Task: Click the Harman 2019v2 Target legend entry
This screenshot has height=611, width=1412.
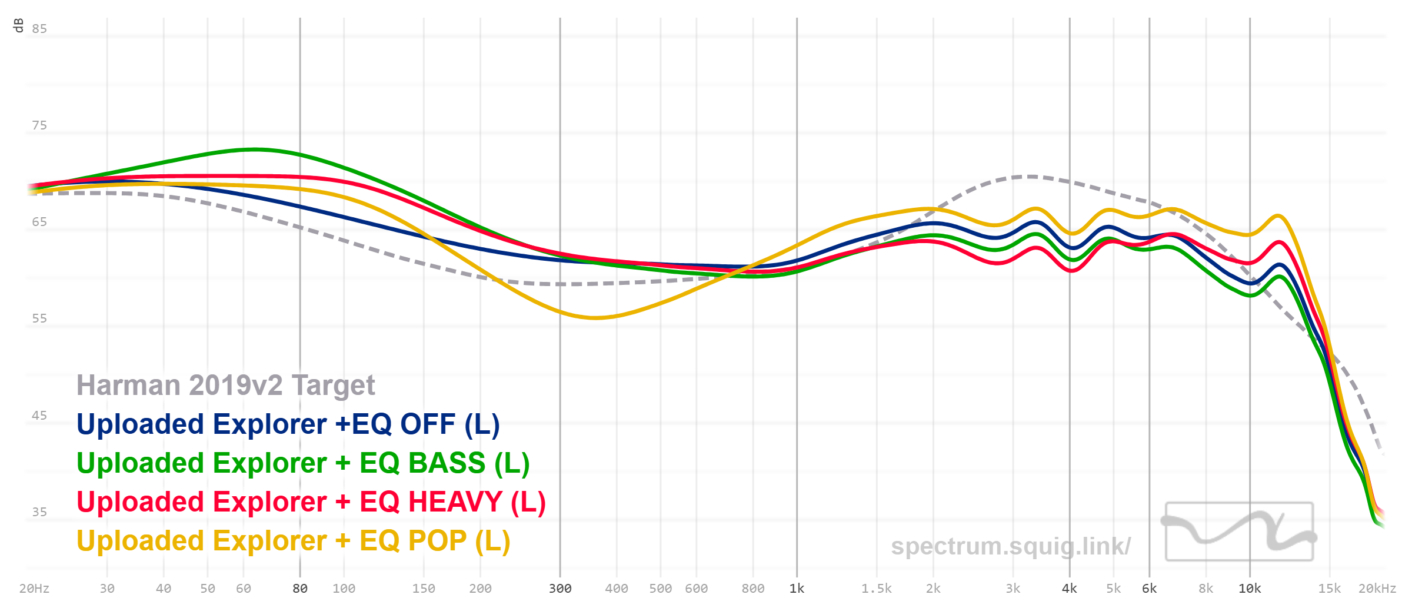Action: pos(225,386)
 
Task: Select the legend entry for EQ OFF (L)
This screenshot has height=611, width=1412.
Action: pos(288,424)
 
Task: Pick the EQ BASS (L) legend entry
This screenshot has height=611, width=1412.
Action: pos(303,463)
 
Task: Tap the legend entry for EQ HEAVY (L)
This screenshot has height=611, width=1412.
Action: pos(311,502)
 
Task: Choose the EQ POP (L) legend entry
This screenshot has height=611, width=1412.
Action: pos(293,541)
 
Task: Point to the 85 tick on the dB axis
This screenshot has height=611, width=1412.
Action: pos(39,29)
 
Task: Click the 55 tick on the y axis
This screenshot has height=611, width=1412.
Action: pos(39,318)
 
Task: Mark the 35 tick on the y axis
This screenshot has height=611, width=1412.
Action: pos(39,512)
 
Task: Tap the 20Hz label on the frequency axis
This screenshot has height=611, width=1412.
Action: pos(34,589)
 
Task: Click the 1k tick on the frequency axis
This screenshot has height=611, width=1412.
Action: pos(797,589)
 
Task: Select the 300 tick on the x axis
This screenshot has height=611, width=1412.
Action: pos(560,589)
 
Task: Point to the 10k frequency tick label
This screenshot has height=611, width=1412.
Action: pos(1250,589)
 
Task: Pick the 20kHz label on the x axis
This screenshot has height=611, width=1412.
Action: pos(1377,589)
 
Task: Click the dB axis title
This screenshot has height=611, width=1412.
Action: pos(18,25)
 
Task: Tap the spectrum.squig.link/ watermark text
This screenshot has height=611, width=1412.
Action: pos(1010,546)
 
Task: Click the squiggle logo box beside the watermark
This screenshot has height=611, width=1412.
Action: pos(1239,531)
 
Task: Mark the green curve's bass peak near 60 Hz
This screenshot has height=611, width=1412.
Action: pos(254,150)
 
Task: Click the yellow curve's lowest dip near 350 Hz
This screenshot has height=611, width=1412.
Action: pos(595,318)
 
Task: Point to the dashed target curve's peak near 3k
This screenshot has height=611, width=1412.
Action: pos(1031,176)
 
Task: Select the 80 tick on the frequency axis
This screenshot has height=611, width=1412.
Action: pos(300,589)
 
